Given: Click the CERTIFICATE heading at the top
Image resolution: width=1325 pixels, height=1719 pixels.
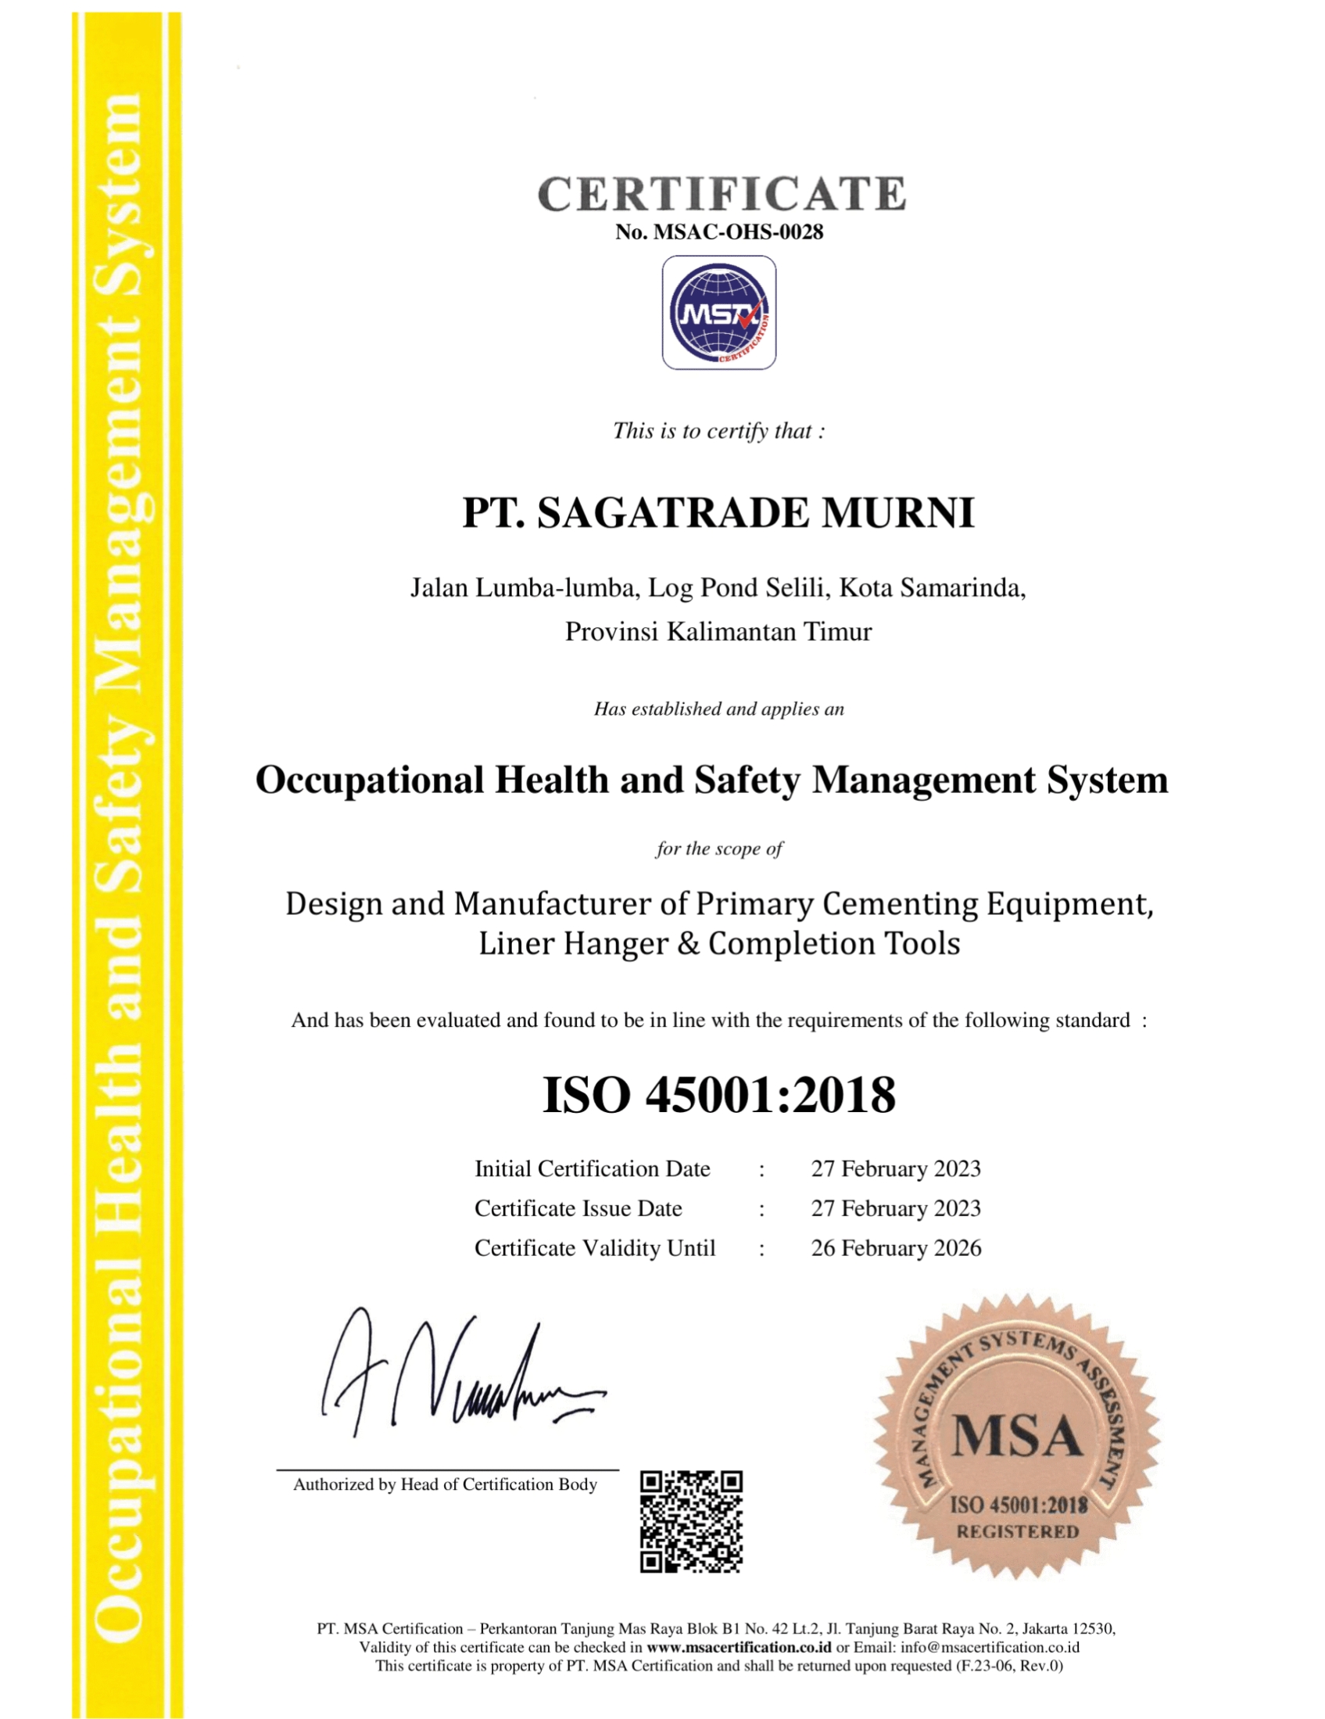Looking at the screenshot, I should (x=721, y=194).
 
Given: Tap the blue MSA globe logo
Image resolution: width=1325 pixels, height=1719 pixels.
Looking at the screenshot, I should (x=718, y=313).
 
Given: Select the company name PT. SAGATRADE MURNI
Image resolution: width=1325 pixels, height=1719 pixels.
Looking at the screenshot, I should (x=718, y=513).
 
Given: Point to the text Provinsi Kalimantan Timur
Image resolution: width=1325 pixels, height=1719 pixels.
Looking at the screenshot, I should (x=718, y=631).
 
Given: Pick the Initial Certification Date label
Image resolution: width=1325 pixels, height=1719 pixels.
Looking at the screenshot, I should (x=592, y=1169).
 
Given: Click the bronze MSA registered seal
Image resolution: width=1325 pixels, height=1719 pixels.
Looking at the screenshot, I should (x=1016, y=1439).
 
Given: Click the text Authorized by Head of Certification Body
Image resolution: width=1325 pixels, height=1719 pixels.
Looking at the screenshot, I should (x=445, y=1484).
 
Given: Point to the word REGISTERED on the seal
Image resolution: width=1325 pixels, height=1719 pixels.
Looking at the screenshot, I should (x=1016, y=1531).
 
